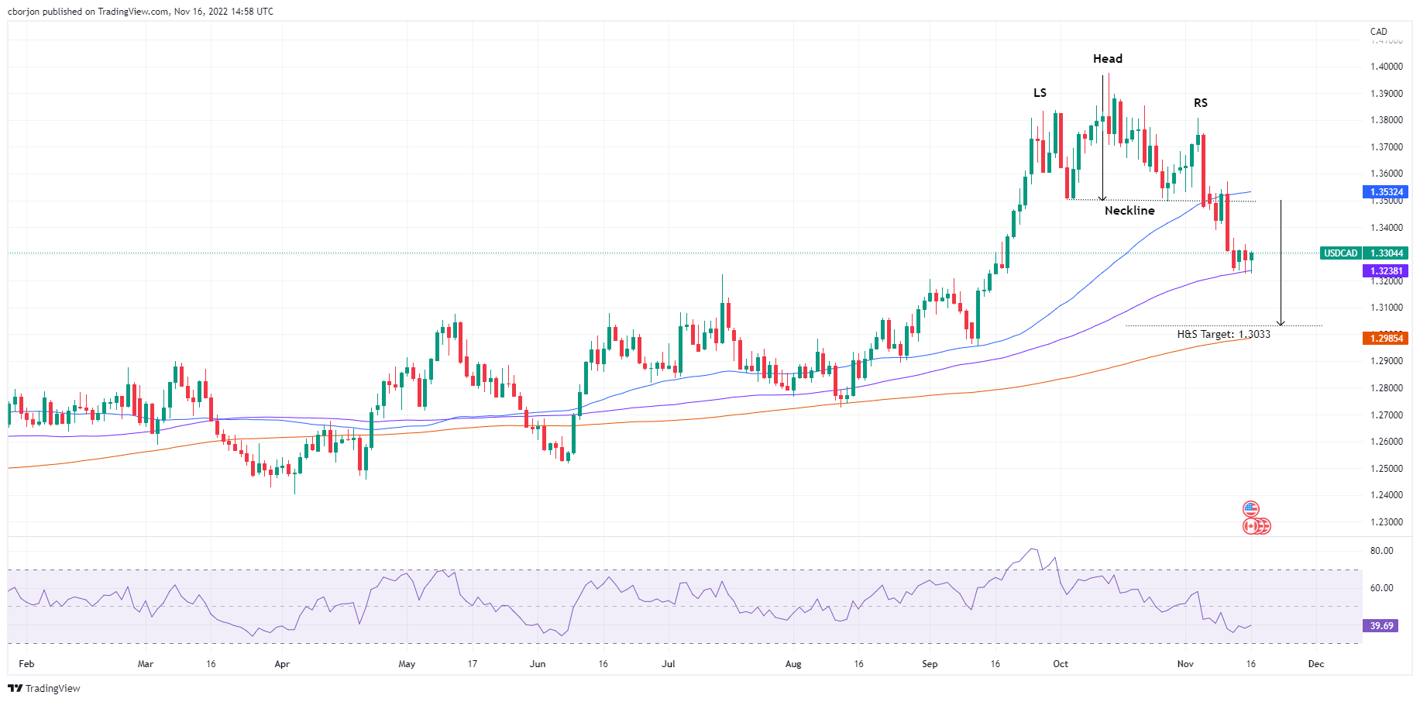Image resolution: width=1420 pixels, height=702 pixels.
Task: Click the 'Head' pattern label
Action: click(1107, 59)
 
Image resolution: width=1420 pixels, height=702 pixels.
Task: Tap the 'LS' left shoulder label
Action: click(1040, 93)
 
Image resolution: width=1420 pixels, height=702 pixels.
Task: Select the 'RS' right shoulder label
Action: click(1200, 103)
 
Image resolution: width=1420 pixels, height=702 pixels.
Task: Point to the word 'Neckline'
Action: click(1129, 211)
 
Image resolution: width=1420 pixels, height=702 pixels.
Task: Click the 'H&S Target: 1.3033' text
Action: click(1223, 334)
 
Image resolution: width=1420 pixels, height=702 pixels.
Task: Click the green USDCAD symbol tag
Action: click(1340, 253)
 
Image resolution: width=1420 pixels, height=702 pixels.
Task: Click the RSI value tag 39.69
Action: click(1380, 625)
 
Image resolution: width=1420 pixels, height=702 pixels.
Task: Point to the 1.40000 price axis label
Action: click(1386, 67)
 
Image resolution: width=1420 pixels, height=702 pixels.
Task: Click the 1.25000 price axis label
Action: click(1386, 469)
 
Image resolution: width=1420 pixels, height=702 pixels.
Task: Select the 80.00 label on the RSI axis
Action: click(1381, 551)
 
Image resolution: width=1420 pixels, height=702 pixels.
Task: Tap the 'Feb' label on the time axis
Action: click(26, 664)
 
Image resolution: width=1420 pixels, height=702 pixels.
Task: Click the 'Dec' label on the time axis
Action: click(1315, 664)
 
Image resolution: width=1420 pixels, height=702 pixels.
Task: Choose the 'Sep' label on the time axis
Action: click(930, 664)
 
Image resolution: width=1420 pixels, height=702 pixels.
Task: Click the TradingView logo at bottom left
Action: click(44, 688)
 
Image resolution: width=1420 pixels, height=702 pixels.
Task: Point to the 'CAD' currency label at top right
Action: click(1378, 32)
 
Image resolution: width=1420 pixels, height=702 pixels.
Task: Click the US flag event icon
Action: click(1250, 509)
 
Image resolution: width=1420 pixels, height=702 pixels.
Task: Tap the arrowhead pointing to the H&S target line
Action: click(1281, 322)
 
